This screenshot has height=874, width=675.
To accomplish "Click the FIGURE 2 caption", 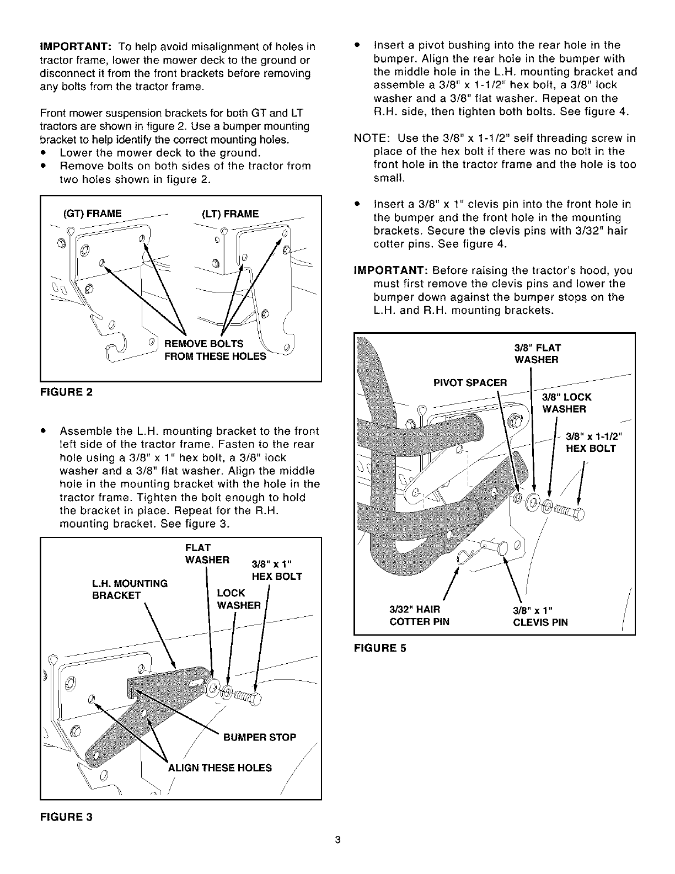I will pos(66,392).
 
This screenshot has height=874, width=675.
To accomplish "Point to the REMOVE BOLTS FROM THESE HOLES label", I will pos(215,350).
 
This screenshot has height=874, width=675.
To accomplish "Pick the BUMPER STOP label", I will pos(259,737).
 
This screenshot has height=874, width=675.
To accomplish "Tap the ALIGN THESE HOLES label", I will pos(219,768).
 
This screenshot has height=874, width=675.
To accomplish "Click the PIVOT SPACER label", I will pos(470,382).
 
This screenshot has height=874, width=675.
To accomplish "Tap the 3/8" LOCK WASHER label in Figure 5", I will pos(566,403).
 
